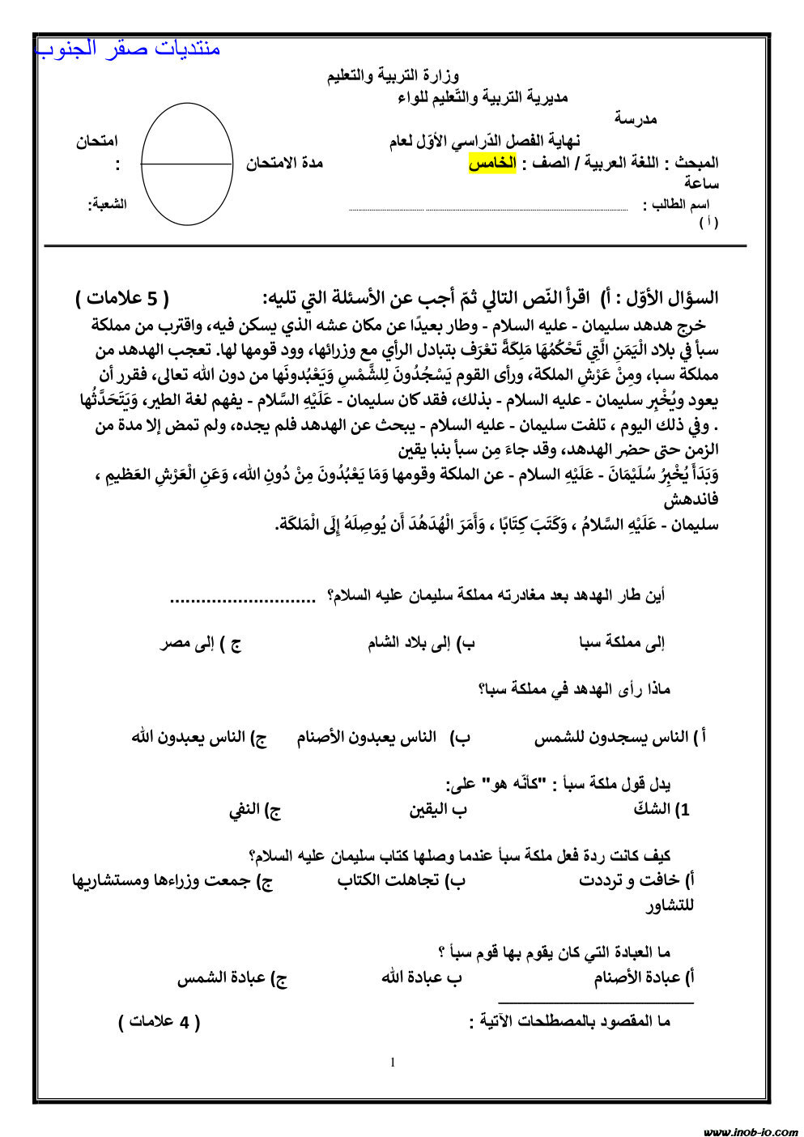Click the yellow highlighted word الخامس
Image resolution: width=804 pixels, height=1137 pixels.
coord(492,164)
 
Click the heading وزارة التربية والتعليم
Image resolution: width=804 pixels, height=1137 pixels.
coord(393,76)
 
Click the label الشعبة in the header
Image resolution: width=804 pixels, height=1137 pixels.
coord(108,204)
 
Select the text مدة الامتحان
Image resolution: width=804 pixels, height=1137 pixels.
coord(285,164)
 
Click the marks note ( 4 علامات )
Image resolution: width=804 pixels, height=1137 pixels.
coord(160,1022)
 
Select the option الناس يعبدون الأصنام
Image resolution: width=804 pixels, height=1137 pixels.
coord(371,738)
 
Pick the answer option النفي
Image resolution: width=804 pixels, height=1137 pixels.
coord(254,809)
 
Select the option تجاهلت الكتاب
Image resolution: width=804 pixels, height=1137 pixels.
coord(401,880)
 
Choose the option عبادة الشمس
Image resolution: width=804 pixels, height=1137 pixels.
coord(232,978)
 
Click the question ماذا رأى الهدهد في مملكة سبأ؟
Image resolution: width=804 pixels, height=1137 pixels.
coord(574,690)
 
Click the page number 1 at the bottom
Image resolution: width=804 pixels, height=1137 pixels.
coord(393,1062)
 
